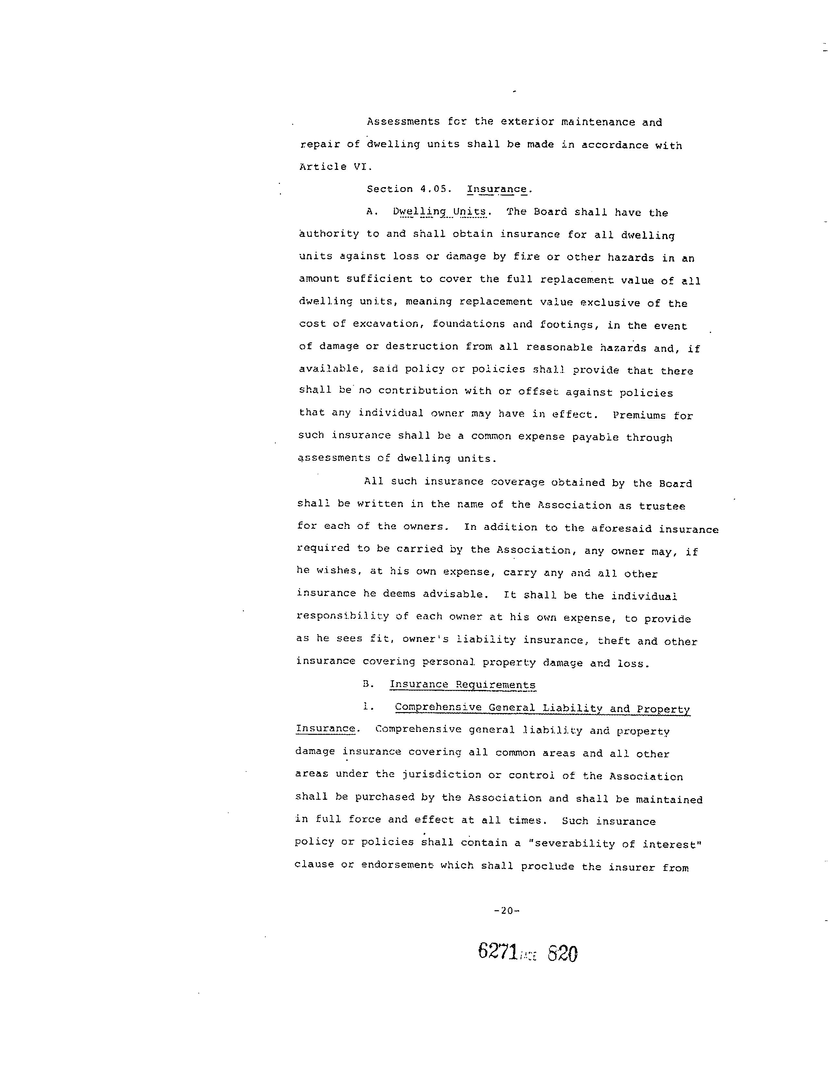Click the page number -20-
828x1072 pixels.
click(506, 911)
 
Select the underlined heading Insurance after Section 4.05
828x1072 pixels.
click(497, 189)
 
